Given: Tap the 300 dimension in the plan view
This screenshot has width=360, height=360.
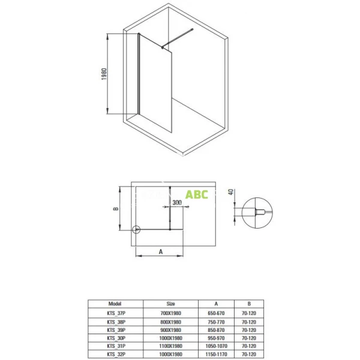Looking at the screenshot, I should (177, 203).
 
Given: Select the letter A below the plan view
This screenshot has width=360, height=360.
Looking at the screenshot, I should (161, 253).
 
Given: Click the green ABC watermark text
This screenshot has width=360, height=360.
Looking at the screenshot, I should (197, 194).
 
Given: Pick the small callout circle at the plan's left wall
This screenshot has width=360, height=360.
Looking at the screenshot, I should (136, 229).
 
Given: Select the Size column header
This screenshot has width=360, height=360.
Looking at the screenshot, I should (171, 304).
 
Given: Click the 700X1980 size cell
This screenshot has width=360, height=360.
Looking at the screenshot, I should (171, 313).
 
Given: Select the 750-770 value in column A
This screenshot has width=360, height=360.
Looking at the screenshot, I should (216, 322).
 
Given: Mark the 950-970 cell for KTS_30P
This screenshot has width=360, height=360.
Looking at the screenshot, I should (216, 338).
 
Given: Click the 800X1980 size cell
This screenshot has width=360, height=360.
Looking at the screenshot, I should (171, 322).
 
